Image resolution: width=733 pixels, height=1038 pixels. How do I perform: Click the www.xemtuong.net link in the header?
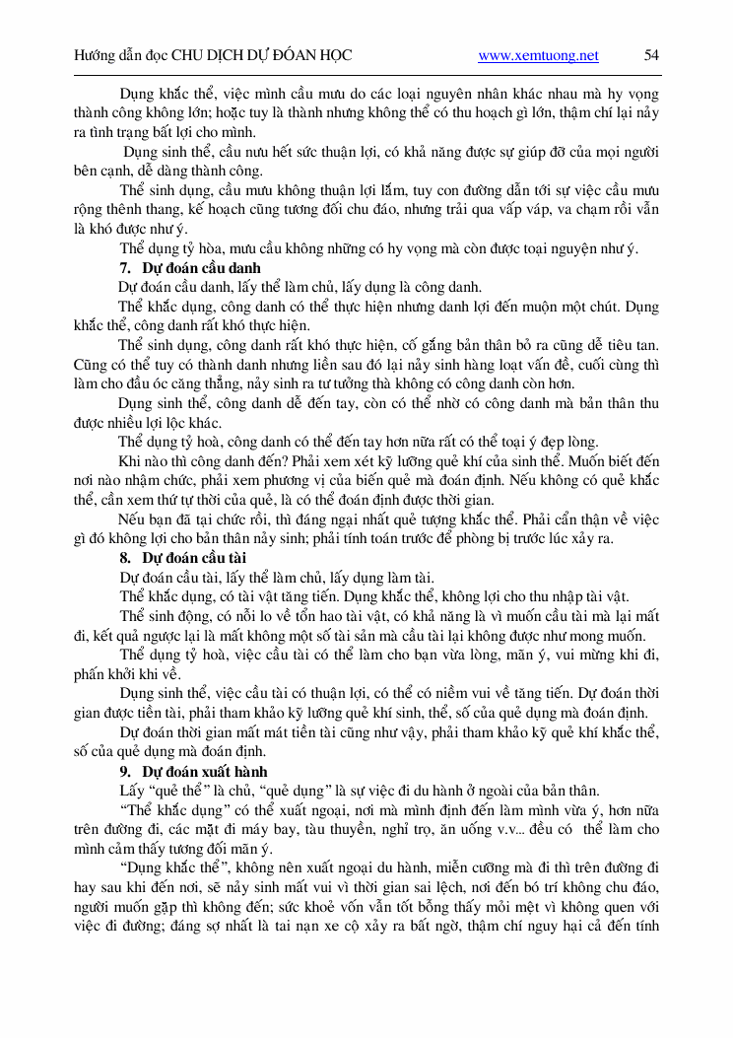click(x=538, y=56)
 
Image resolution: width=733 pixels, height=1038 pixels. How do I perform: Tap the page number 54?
click(x=651, y=55)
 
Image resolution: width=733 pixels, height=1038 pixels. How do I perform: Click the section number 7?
click(x=124, y=268)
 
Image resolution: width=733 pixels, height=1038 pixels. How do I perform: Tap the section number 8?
click(x=124, y=558)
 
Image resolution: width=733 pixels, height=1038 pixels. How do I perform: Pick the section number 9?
click(x=124, y=771)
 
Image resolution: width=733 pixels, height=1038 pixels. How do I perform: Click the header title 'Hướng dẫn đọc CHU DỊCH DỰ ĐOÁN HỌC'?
click(x=213, y=56)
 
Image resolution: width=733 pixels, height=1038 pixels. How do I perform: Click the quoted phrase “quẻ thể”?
click(x=183, y=791)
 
